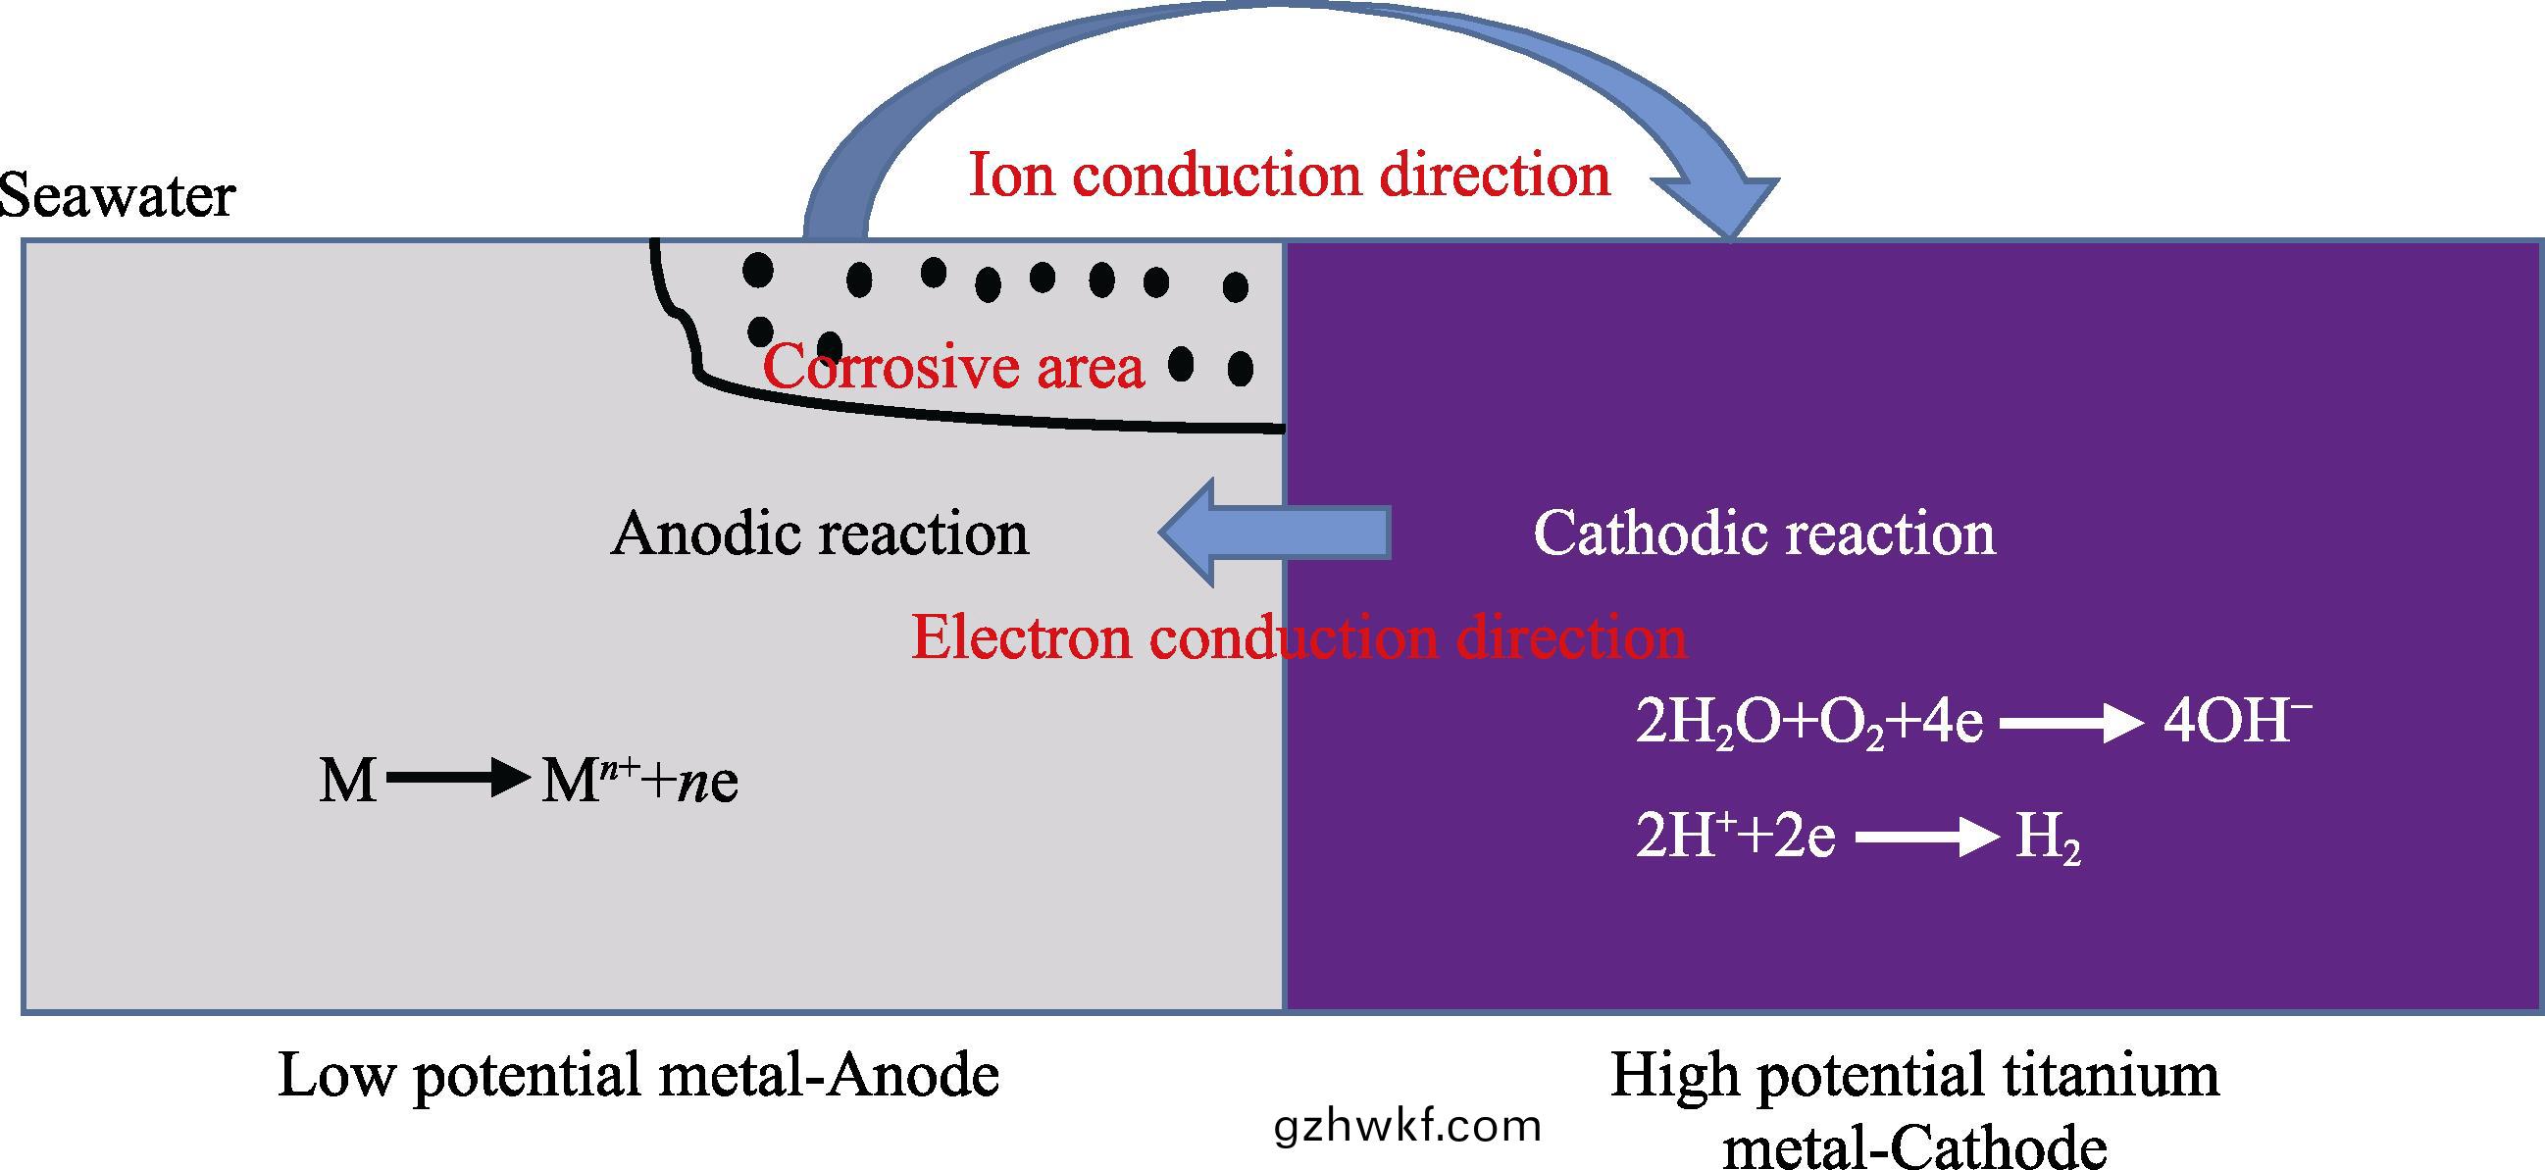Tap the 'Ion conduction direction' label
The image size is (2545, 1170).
(1290, 175)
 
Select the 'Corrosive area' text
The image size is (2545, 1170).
(954, 367)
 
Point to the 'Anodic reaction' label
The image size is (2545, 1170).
(820, 534)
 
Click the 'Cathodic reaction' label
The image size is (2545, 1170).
(1763, 534)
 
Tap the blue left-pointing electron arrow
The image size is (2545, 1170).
(1275, 533)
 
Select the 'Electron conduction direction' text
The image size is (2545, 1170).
(1298, 636)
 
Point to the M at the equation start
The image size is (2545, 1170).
(347, 782)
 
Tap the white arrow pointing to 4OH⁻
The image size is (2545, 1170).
(2070, 725)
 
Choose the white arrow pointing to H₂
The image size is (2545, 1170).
(1926, 839)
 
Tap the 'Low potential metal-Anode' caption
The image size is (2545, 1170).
(638, 1075)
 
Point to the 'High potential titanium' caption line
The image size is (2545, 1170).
(1914, 1075)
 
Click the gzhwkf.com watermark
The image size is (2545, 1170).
(1408, 1127)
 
